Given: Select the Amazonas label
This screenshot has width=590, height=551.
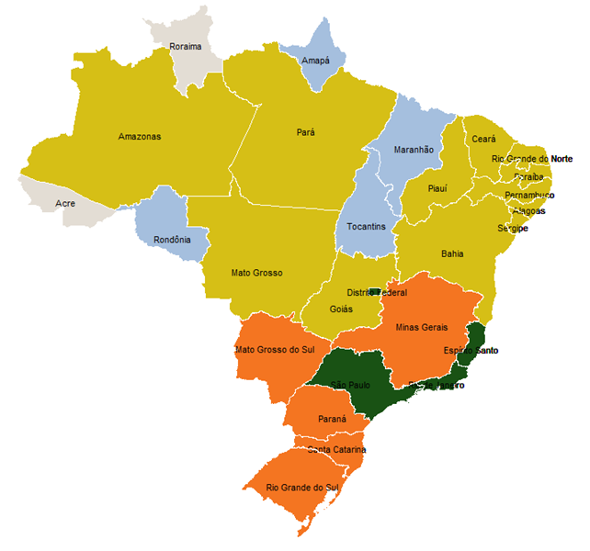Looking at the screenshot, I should [x=140, y=137].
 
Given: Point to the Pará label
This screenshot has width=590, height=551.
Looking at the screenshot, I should [x=306, y=132].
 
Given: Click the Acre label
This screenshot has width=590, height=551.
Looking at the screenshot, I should [x=65, y=203].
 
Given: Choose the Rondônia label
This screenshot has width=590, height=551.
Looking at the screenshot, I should [x=173, y=240].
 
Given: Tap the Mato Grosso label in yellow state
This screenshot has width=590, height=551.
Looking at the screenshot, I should [x=257, y=273].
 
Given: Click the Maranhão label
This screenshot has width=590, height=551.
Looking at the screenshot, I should [x=414, y=149].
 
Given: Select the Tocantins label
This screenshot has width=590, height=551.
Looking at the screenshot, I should [x=367, y=226].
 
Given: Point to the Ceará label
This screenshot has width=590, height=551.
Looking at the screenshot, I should [x=483, y=139].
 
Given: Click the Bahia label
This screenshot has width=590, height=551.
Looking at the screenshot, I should [x=452, y=253].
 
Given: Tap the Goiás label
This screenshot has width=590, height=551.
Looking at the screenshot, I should [x=341, y=309].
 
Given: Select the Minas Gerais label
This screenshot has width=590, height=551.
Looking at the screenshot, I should [x=422, y=327].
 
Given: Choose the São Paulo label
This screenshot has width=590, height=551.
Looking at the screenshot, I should [x=349, y=384].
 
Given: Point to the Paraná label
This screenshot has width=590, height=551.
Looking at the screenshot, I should [x=332, y=419].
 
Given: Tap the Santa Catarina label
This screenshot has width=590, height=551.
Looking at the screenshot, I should [x=337, y=449].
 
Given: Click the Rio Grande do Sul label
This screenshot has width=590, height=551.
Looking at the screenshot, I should [x=302, y=487].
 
